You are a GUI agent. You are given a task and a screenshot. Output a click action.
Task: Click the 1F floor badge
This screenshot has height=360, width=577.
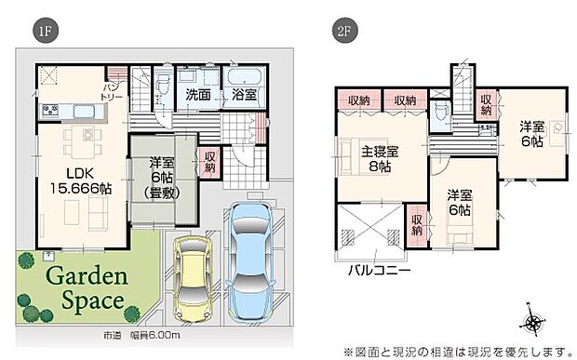pyautogui.click(x=45, y=31)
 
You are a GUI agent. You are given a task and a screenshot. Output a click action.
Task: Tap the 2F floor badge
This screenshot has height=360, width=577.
pyautogui.click(x=342, y=31)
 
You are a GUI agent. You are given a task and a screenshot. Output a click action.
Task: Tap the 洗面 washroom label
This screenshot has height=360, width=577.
pyautogui.click(x=197, y=95)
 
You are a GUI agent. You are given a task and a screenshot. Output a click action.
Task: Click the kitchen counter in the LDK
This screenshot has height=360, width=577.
pyautogui.click(x=74, y=113)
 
